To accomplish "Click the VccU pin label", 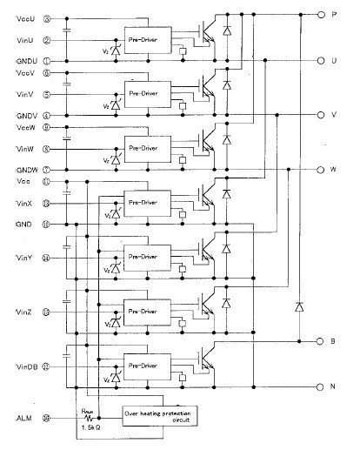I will [x=28, y=17].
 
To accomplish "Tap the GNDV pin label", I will [x=28, y=115].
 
